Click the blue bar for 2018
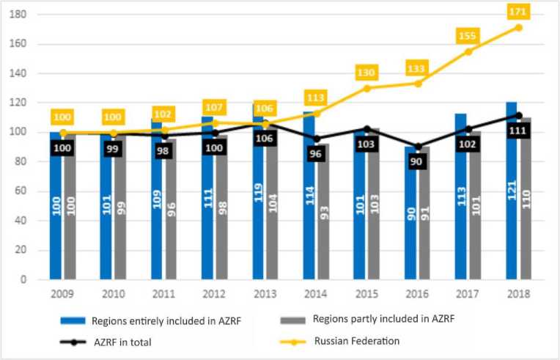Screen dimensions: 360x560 point(511,191)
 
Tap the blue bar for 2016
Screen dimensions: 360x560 point(410,213)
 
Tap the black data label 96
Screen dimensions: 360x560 point(317,155)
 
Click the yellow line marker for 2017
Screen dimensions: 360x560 point(468,51)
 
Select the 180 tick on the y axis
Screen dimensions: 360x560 point(26,15)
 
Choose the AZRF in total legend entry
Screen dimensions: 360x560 point(125,341)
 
